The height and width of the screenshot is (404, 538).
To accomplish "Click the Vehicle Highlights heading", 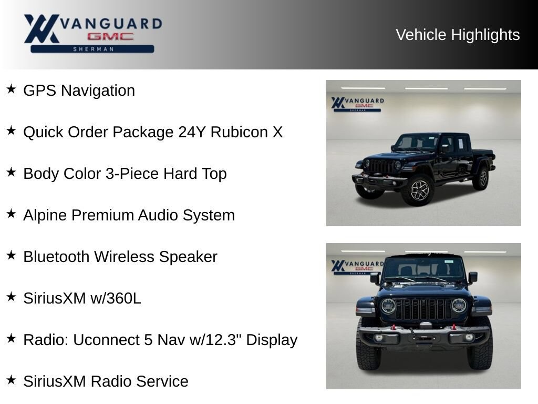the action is click(x=458, y=35).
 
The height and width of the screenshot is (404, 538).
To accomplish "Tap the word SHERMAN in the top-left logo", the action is click(x=93, y=49).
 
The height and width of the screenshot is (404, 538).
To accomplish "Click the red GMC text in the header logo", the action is click(x=110, y=36).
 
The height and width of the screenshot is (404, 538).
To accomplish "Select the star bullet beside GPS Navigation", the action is click(x=12, y=89).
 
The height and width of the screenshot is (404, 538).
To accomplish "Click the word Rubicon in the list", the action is click(x=239, y=132).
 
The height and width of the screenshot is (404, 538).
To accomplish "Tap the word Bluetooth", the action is click(x=56, y=257).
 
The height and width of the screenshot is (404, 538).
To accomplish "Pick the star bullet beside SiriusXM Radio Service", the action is click(x=12, y=380).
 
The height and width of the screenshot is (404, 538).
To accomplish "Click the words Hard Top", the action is click(x=195, y=174).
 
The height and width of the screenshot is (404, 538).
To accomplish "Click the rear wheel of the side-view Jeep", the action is click(x=482, y=178).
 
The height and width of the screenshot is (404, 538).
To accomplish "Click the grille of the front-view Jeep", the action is click(x=423, y=309).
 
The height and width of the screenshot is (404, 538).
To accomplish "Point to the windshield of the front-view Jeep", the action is click(x=424, y=268).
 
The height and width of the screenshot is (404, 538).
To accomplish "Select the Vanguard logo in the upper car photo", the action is click(x=357, y=104).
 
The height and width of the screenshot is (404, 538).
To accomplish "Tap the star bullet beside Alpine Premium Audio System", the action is click(x=12, y=214).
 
